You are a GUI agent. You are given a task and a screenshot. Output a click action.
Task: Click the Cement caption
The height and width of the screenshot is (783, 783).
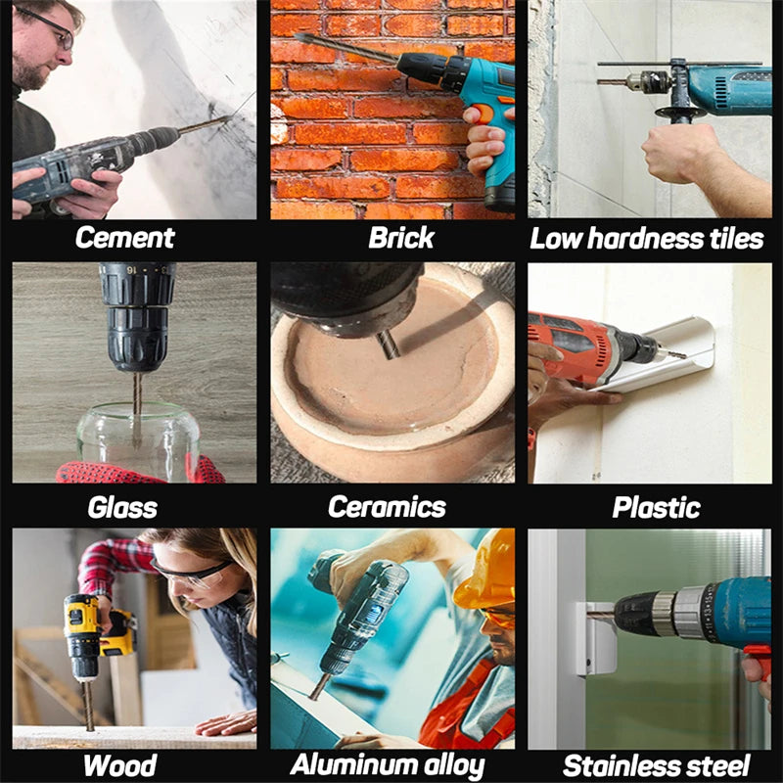coord(124,238)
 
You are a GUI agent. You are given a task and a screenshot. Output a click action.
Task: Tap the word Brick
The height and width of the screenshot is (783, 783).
coord(401,238)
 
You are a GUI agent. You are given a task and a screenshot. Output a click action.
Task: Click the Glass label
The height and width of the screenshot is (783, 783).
coord(121,507)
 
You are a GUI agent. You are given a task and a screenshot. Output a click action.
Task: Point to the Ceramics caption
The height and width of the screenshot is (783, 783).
coord(387,507)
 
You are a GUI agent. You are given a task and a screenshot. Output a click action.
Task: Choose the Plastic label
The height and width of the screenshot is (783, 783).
coord(656,507)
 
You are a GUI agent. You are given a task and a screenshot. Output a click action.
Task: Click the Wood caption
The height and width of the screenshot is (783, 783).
coord(120,765)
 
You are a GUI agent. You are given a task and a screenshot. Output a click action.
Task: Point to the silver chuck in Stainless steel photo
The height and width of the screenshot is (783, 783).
coord(690,613)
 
